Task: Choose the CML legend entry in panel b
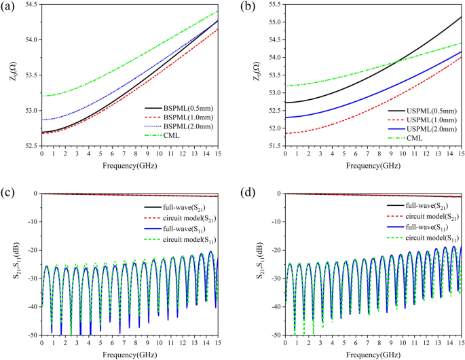pos(416,138)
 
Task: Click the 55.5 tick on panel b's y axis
pos(267,4)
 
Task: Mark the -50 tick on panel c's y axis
pos(32,335)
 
